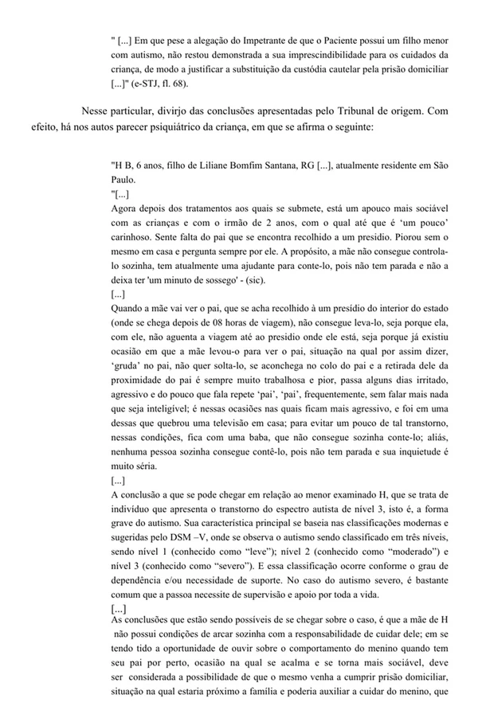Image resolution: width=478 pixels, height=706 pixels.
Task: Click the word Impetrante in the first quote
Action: pos(243,40)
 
